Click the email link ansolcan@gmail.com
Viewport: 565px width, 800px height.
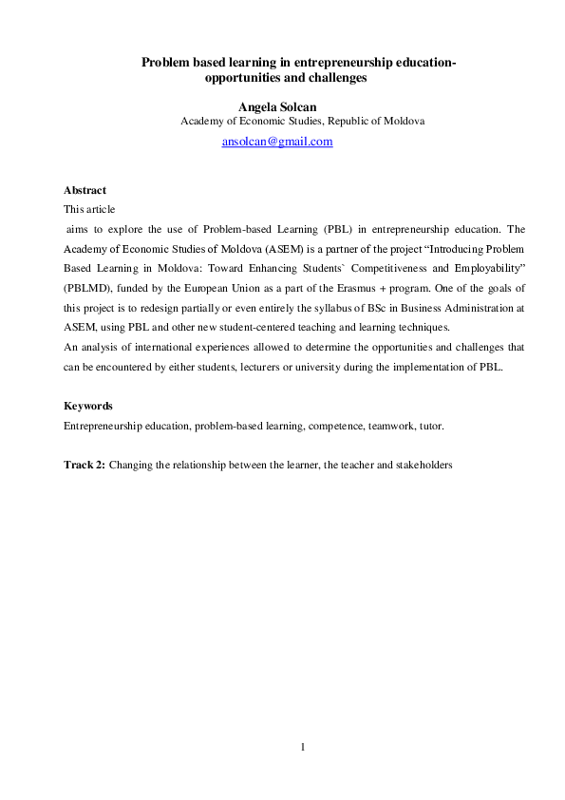(x=277, y=142)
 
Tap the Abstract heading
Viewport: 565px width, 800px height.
(x=85, y=190)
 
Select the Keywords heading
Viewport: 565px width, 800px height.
(x=87, y=406)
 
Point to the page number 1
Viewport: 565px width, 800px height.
(x=302, y=748)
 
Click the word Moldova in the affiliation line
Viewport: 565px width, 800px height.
(x=403, y=122)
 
